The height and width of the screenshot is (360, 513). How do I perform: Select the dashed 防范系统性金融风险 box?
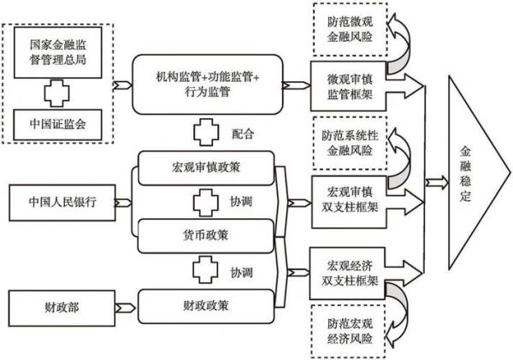pos(347,142)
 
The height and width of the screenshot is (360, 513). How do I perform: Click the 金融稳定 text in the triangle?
pos(465,180)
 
